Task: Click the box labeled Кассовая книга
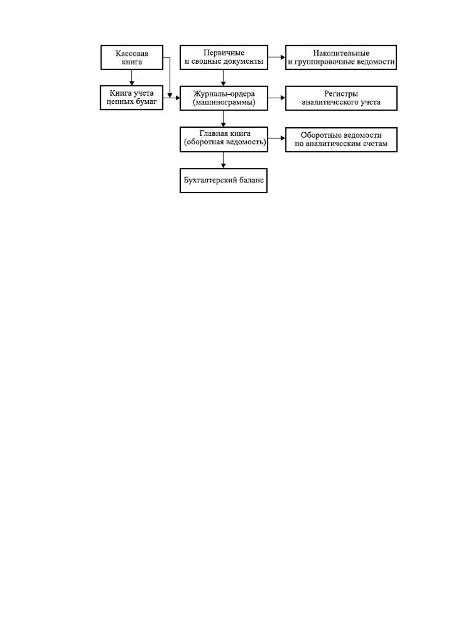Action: (x=132, y=57)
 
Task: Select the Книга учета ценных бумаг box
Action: (x=132, y=98)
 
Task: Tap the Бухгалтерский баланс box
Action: (x=223, y=181)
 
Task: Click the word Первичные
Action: (x=224, y=53)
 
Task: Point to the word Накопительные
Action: (x=341, y=53)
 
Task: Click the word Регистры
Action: (x=341, y=94)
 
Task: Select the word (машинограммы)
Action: (x=224, y=102)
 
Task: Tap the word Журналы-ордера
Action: (x=224, y=94)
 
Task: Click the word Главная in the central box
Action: (x=212, y=133)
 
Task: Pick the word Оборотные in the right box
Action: (x=320, y=135)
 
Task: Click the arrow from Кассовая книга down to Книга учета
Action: (x=132, y=77)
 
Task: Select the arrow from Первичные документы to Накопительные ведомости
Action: (x=277, y=57)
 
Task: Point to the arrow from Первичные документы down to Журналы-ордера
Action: (x=223, y=78)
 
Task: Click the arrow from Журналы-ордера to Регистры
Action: (x=277, y=98)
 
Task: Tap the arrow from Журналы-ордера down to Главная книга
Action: (x=223, y=119)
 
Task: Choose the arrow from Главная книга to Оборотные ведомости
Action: (x=277, y=138)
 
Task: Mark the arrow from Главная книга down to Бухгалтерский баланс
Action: (x=223, y=160)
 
